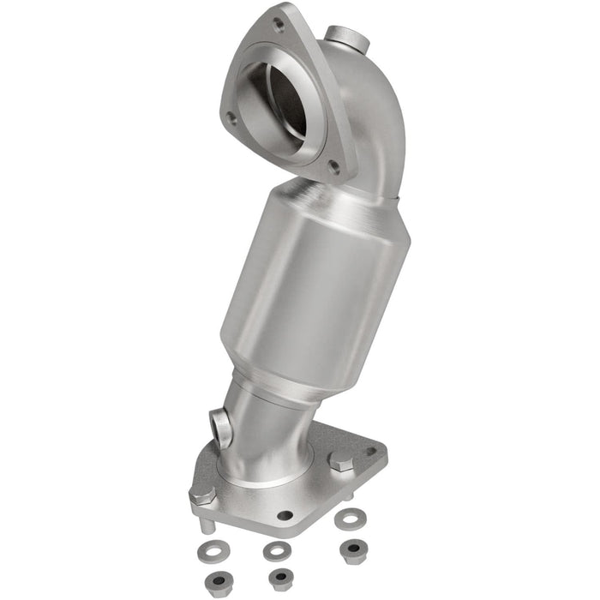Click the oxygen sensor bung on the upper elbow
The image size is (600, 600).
click(x=346, y=38)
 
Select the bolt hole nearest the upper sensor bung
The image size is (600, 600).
click(x=279, y=26)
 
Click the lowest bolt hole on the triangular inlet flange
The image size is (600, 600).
click(x=334, y=169)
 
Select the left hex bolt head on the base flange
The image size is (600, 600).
click(x=202, y=494)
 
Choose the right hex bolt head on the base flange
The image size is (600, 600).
click(x=342, y=461)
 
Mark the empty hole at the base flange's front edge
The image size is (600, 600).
click(x=284, y=515)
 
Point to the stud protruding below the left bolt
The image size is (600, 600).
click(x=207, y=525)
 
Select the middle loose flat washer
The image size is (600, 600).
click(x=276, y=549)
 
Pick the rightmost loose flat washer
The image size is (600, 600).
click(x=348, y=518)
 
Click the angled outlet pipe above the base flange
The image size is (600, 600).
click(x=266, y=429)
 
